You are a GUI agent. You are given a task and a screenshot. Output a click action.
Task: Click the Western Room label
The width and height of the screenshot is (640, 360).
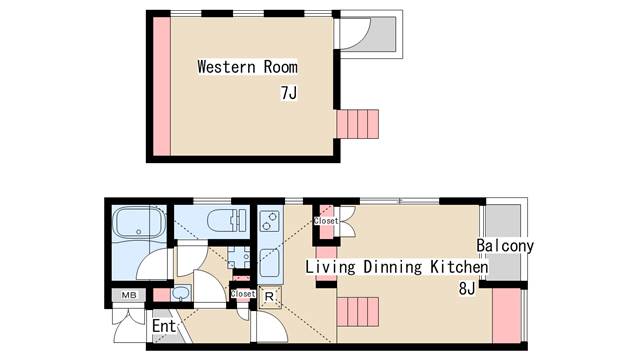(x=247, y=67)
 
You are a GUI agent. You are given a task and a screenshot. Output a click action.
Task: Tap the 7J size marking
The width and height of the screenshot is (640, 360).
(x=289, y=93)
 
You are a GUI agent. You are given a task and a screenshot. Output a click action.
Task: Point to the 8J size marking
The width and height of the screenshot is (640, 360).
(x=467, y=289)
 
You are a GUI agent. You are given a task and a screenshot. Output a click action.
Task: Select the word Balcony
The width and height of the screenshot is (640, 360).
(x=505, y=246)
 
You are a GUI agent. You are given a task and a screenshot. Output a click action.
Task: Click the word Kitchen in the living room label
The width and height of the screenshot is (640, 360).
(x=459, y=267)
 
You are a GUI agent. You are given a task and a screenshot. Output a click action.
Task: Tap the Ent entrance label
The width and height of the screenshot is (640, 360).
(x=164, y=326)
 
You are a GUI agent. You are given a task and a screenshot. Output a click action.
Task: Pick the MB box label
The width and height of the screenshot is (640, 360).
(x=129, y=295)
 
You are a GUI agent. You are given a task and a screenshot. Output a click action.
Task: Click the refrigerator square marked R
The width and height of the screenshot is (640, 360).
(x=269, y=297)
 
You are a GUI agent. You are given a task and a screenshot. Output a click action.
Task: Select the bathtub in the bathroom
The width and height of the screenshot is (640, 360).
(x=139, y=223)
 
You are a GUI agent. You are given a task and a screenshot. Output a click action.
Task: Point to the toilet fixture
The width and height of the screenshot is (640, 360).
(x=227, y=220)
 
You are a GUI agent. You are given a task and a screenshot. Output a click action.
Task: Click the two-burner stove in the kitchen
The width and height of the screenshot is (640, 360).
(x=270, y=220)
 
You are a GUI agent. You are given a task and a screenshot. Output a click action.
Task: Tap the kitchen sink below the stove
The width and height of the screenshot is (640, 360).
(x=270, y=262)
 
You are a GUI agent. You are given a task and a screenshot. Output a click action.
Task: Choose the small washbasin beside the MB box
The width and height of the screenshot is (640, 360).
(x=181, y=293)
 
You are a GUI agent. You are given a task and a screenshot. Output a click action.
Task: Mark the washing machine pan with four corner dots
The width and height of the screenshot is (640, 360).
(x=239, y=258)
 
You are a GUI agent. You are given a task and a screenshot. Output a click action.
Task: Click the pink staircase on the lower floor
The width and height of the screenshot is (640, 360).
(x=358, y=312)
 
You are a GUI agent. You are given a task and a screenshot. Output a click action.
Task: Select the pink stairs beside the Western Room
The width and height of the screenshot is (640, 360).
(x=358, y=124)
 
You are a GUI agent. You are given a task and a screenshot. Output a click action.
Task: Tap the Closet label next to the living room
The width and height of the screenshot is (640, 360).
(x=326, y=221)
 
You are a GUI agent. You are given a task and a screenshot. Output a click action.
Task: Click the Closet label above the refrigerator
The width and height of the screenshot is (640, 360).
(x=243, y=293)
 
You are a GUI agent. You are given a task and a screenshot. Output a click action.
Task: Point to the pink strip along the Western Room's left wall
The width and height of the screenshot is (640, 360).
(x=162, y=86)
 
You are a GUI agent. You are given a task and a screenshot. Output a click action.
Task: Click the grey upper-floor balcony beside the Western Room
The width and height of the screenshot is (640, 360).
(x=382, y=34)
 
